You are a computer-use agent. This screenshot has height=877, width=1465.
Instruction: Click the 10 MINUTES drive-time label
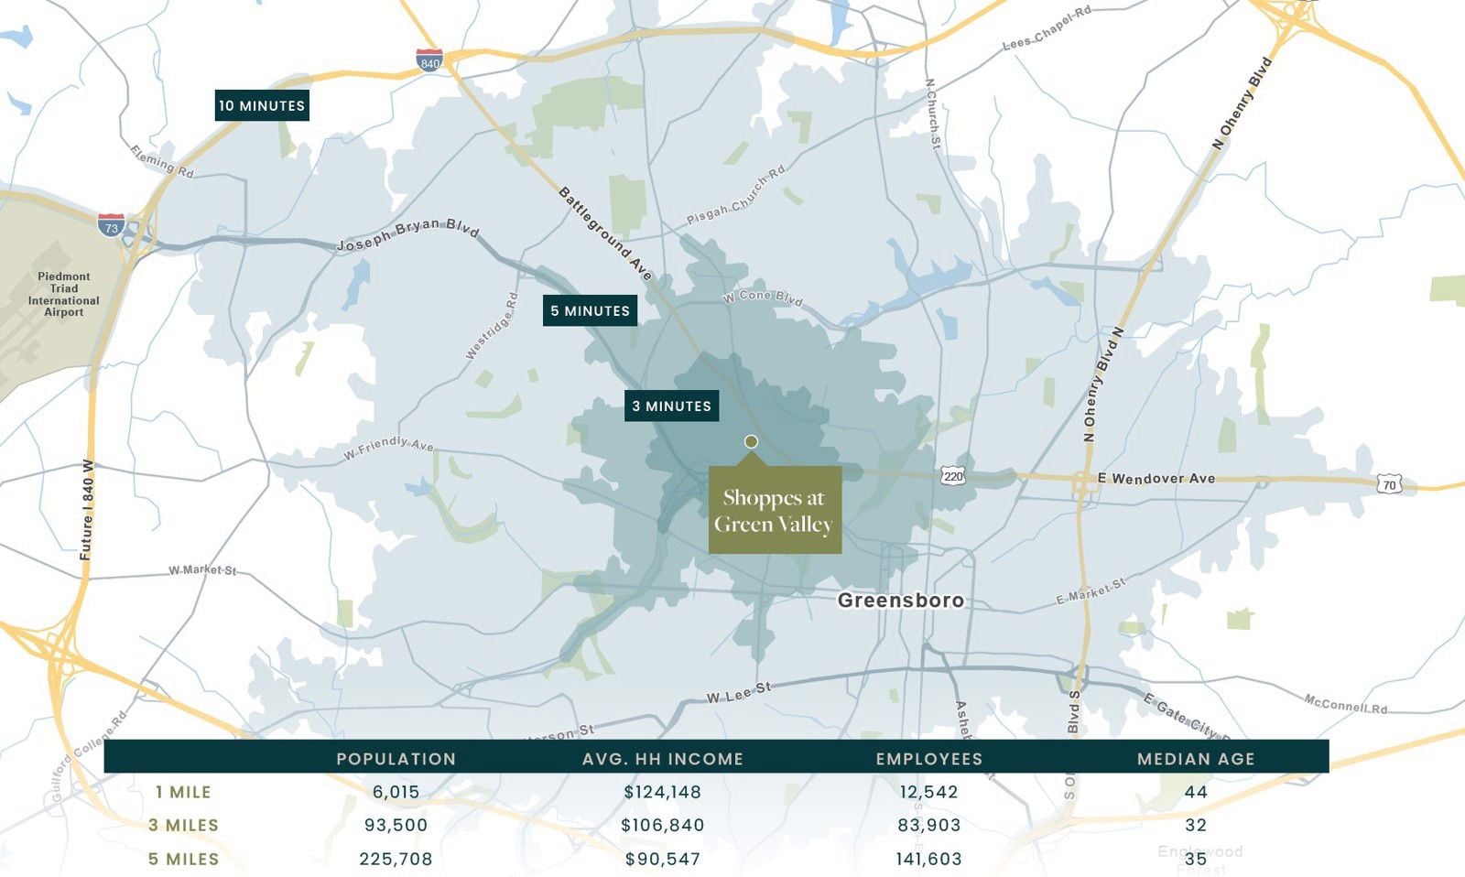262,105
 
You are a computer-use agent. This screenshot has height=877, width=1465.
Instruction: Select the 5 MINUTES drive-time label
590,310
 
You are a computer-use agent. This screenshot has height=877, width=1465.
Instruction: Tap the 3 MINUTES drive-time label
671,406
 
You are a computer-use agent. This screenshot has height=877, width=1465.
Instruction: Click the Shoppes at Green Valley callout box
775,511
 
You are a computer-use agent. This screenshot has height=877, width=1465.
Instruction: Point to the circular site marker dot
751,441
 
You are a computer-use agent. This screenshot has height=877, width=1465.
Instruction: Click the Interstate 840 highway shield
429,61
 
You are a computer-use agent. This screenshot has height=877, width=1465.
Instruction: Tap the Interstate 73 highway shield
111,224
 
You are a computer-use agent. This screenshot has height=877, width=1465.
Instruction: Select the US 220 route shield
953,476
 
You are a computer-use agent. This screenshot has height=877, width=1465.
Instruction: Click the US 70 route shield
1389,484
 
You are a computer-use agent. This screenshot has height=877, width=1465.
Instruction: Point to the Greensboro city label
901,601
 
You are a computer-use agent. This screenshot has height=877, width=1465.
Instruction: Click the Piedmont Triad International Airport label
64,294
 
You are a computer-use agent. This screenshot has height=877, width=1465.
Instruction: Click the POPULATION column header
396,759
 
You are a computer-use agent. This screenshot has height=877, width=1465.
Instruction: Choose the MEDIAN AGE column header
1196,759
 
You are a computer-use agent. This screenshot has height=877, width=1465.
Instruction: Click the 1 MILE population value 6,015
396,792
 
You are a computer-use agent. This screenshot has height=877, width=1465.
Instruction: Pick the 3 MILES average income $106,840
663,825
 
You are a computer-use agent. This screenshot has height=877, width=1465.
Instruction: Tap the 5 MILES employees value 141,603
929,859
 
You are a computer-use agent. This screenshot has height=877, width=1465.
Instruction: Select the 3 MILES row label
184,825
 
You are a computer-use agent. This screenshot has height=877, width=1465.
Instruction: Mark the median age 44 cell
1196,792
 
